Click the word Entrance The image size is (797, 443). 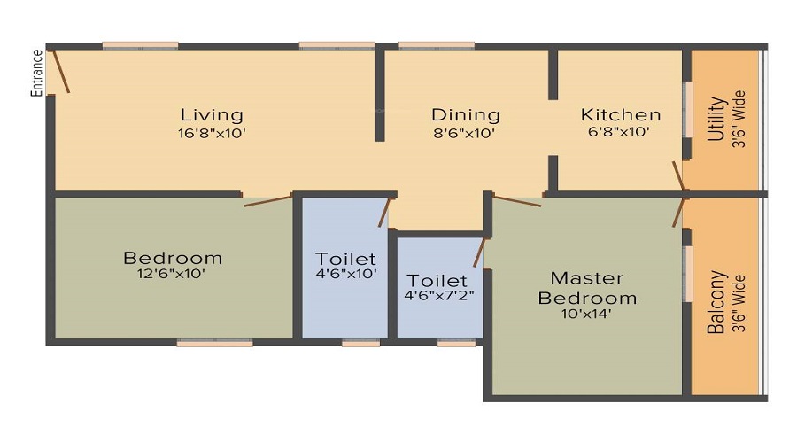[x=37, y=73]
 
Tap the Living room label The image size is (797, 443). [x=212, y=115]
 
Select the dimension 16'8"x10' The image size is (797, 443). [x=211, y=134]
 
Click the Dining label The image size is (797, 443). [x=465, y=115]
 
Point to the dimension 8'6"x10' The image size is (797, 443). [x=465, y=134]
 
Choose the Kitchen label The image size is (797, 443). [x=620, y=115]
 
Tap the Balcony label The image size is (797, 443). [x=718, y=302]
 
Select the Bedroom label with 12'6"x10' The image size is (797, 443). [x=173, y=258]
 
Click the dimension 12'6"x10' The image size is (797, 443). [x=173, y=275]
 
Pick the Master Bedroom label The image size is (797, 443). [x=587, y=288]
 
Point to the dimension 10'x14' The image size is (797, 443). [x=587, y=313]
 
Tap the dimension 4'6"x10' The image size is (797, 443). [x=346, y=275]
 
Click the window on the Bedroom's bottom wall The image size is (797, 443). [x=214, y=343]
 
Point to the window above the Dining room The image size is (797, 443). [x=436, y=45]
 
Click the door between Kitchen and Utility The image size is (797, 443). [x=680, y=175]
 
